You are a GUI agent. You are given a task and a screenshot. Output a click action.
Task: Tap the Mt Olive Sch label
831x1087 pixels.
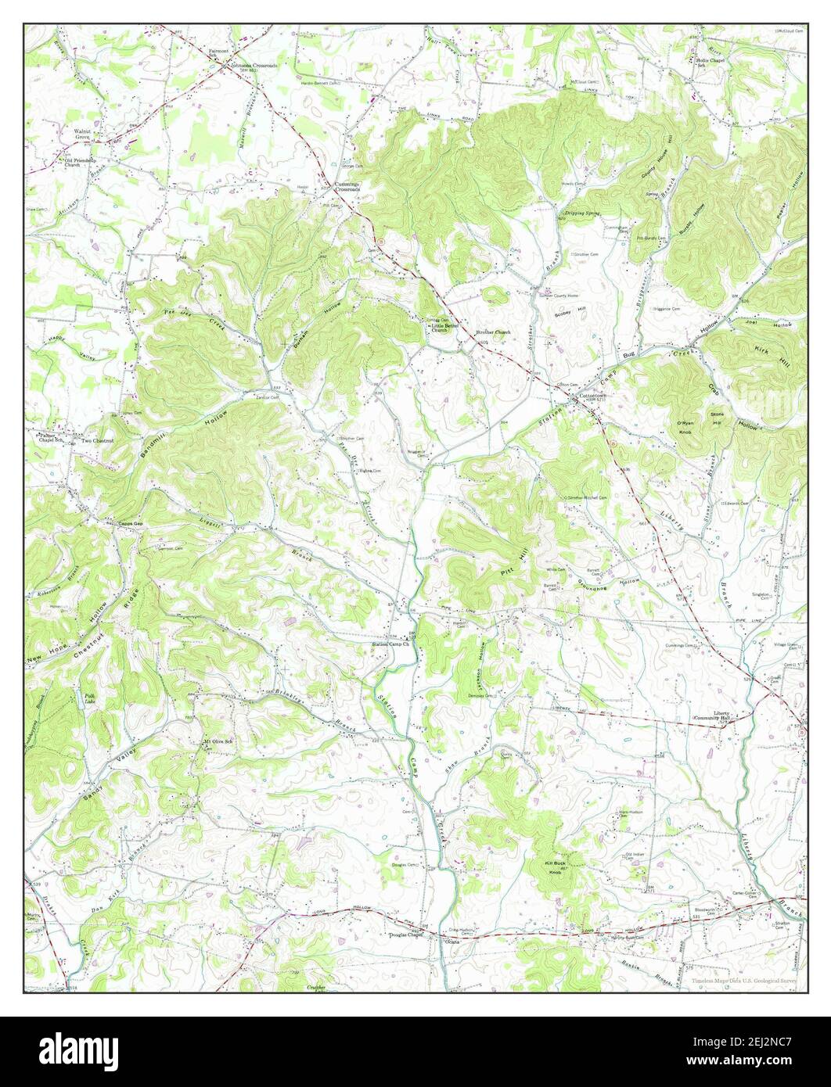pyautogui.click(x=219, y=741)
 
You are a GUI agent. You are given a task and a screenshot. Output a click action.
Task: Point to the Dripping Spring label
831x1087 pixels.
pyautogui.click(x=579, y=213)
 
